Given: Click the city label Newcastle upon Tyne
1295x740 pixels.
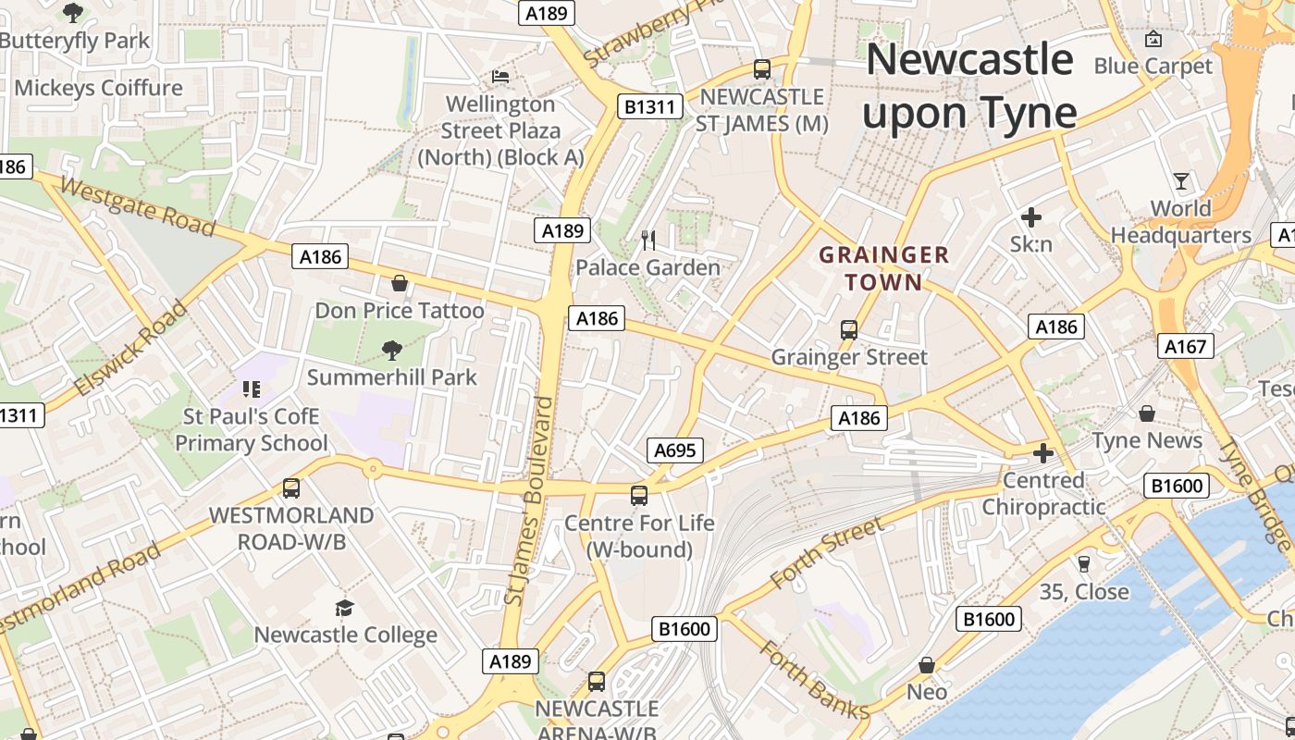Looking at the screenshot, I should pos(969,85).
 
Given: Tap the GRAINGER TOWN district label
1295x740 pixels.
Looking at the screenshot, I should pos(884,268).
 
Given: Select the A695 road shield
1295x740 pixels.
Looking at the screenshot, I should pos(675,450).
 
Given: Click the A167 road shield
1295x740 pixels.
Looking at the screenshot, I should pos(1185,346).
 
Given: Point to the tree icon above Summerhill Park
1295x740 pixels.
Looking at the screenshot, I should pos(392,350).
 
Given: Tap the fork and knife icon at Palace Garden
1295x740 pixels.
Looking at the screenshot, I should pos(648,240).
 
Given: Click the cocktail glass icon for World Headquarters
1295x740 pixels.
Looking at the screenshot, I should pos(1181,180).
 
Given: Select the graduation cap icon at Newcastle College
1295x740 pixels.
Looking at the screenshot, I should pos(345,608).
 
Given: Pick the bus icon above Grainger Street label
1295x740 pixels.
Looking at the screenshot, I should pos(848,329).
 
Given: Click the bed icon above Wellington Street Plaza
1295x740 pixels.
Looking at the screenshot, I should pos(500,76).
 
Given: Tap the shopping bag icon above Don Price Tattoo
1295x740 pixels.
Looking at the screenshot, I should pos(400,282).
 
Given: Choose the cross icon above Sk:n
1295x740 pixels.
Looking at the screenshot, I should pos(1031,217).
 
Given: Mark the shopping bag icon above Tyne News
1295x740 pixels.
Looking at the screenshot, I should pos(1147,413).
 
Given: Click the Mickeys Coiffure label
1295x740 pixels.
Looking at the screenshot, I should pos(98,88).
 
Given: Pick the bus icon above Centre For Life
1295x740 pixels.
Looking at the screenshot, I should pos(639,495).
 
